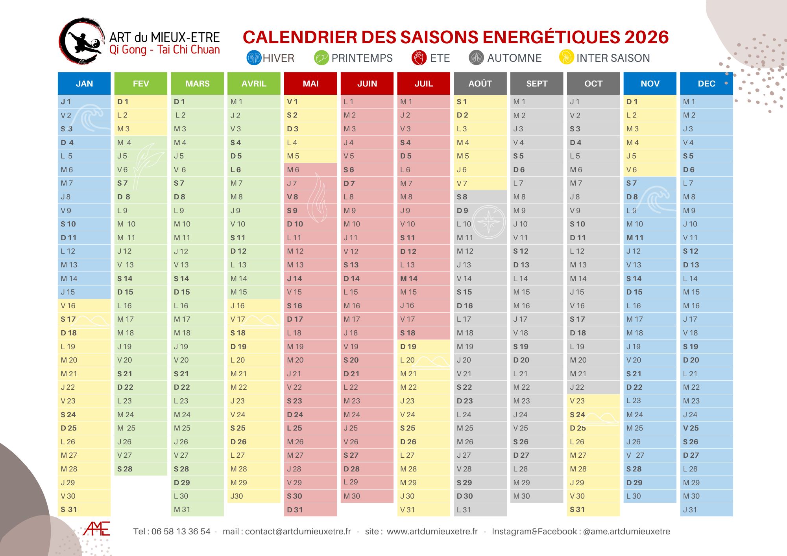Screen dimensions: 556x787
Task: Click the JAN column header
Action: coord(84,83)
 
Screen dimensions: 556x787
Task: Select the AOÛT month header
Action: coord(480,83)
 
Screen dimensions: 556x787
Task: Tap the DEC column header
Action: coord(706,83)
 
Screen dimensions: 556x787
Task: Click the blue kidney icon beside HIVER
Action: coord(254,58)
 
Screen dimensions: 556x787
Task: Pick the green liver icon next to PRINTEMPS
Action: coord(321,58)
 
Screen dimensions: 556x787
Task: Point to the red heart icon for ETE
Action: coord(419,58)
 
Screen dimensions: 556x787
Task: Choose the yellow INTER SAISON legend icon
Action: coord(566,57)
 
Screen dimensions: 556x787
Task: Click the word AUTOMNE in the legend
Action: coord(514,58)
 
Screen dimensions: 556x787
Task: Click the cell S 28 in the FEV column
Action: coord(140,469)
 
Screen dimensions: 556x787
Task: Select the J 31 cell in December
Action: coord(706,510)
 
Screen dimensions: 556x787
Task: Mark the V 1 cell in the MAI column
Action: coord(310,102)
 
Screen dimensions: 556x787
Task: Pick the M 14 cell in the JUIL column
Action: coord(423,278)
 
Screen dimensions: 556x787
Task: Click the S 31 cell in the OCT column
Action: coord(593,510)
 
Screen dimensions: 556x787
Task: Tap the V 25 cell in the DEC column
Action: coord(706,428)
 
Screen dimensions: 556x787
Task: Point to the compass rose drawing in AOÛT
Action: coord(489,222)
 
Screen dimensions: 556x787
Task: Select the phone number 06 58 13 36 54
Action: coord(181,532)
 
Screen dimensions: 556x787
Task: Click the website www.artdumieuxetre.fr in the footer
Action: coord(432,532)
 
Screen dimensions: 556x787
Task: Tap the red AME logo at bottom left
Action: coord(96,529)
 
